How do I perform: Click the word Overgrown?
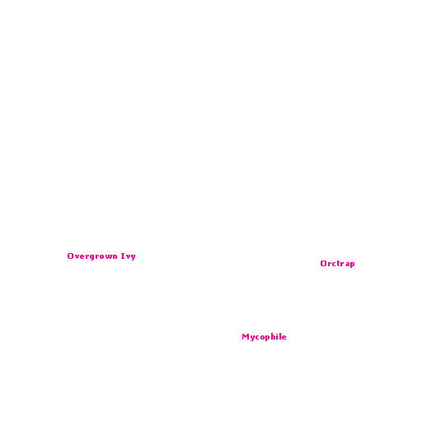coord(92,256)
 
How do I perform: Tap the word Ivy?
coord(129,256)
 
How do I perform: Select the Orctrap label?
coord(337,264)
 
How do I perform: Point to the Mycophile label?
coord(264,337)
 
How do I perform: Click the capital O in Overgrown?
coord(70,256)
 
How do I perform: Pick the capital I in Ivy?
coord(123,256)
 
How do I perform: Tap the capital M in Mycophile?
coord(245,336)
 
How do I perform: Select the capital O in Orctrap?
coord(323,263)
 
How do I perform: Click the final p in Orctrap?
coord(352,265)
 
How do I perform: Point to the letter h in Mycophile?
coord(272,336)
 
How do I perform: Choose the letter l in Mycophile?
coord(279,336)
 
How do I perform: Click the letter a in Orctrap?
coord(346,264)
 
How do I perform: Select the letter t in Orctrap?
coord(337,263)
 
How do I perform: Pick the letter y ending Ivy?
coord(133,257)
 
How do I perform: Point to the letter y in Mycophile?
coord(251,338)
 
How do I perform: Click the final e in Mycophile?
coord(284,337)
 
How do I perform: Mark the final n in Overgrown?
coord(115,256)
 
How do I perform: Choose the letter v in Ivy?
coord(128,256)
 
